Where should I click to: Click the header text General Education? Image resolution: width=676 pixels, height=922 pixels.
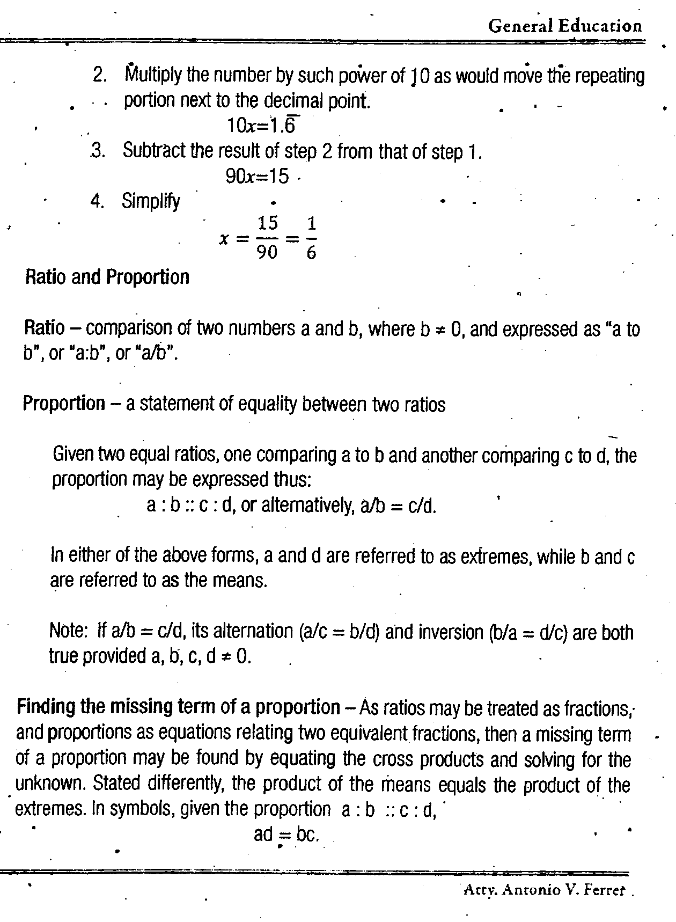coord(564,26)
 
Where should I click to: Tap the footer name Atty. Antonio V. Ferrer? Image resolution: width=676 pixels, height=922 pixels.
coord(544,890)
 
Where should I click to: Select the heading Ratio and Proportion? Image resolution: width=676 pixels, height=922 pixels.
coord(107,277)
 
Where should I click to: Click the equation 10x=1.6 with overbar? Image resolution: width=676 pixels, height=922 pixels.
coord(262,125)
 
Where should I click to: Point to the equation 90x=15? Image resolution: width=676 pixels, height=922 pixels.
coord(258,176)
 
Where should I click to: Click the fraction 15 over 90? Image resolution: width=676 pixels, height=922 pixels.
coord(267,238)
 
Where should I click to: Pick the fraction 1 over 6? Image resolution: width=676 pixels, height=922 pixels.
coord(311,238)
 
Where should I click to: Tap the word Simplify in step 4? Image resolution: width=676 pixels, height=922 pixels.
coord(151,201)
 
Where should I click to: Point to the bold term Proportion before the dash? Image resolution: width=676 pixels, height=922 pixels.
coord(64,403)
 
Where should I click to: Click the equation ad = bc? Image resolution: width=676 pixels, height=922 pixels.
coord(286,835)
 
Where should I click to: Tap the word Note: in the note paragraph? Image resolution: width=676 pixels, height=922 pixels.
coord(68,631)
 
